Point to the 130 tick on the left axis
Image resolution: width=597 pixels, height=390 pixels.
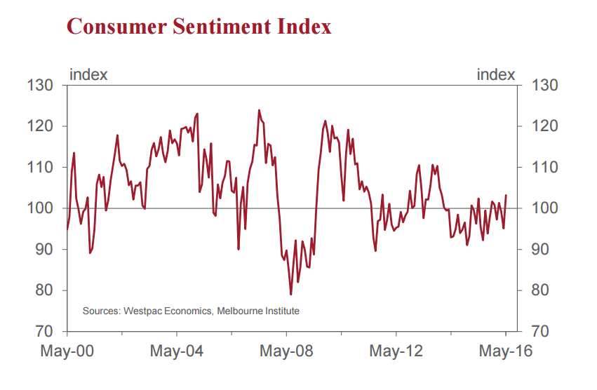(x=41, y=86)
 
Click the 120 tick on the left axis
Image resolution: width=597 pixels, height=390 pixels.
(x=41, y=126)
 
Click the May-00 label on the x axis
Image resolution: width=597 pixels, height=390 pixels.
(x=67, y=351)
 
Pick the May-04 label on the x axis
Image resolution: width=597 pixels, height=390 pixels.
(x=177, y=351)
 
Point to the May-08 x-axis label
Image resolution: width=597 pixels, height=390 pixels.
(x=286, y=351)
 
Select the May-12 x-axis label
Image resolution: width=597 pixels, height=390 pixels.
(x=396, y=351)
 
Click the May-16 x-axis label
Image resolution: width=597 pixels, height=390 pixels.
(x=502, y=351)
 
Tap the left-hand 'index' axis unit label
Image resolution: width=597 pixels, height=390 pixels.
(x=88, y=74)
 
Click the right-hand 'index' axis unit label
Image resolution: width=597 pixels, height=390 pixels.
(x=496, y=74)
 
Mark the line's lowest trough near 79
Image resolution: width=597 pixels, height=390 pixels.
(x=290, y=294)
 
